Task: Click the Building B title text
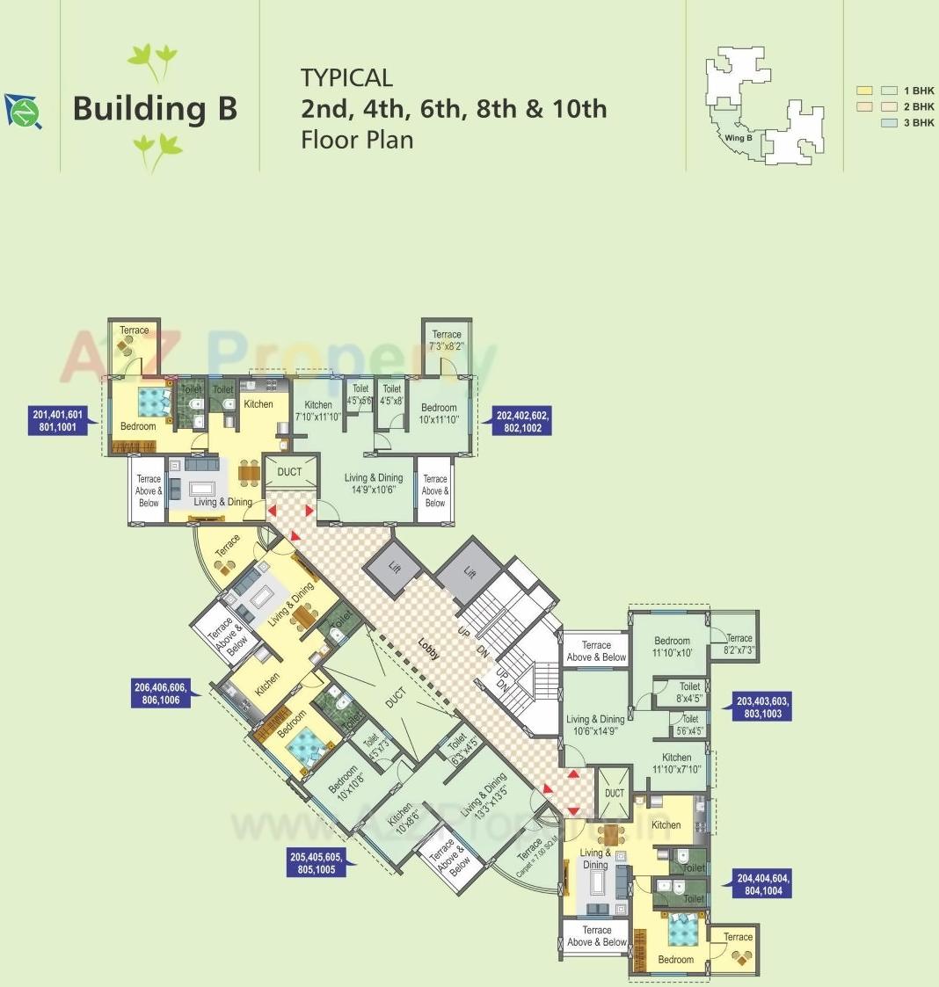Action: (x=155, y=108)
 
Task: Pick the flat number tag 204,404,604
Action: (x=763, y=883)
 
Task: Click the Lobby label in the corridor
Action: (x=428, y=649)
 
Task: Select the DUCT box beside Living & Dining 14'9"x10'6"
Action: (x=289, y=473)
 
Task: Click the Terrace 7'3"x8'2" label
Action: (x=447, y=340)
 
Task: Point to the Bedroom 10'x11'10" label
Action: (x=439, y=413)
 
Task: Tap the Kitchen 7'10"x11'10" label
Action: (x=318, y=410)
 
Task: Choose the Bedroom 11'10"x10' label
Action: (x=672, y=647)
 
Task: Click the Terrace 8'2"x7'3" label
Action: (x=739, y=644)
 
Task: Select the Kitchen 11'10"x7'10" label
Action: (x=676, y=763)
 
